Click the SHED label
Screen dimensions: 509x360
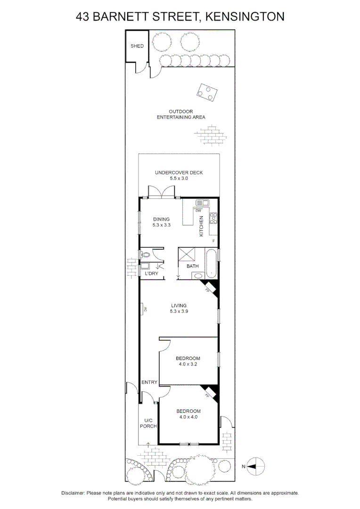click(x=137, y=46)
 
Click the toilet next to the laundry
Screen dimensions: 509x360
click(x=146, y=255)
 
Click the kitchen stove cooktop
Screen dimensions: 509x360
click(x=213, y=218)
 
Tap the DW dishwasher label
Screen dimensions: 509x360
click(x=192, y=210)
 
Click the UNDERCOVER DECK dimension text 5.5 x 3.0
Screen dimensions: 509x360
click(x=179, y=179)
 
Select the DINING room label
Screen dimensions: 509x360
click(x=161, y=219)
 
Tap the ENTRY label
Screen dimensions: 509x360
click(x=149, y=382)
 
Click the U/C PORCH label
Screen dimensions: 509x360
click(x=148, y=423)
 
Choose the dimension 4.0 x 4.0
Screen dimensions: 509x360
click(x=188, y=417)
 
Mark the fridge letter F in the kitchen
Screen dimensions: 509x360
click(x=213, y=241)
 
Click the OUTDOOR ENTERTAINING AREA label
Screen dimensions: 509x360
click(x=181, y=114)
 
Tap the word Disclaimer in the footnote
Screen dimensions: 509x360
click(x=73, y=493)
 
